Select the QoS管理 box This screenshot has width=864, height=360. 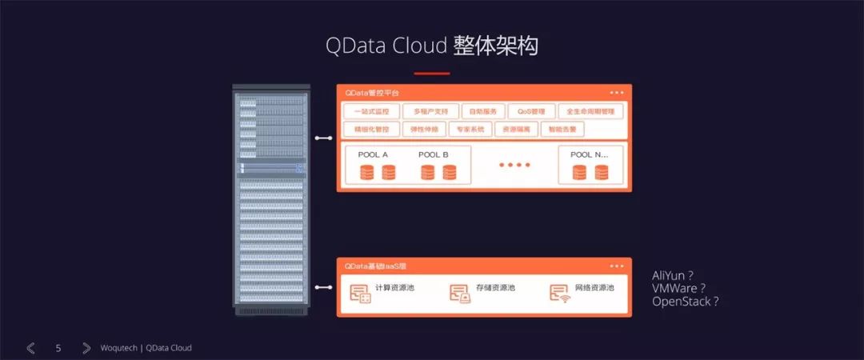[531, 111]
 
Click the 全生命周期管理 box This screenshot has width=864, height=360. [590, 111]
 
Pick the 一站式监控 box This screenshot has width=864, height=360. [370, 111]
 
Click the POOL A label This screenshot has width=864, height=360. [374, 154]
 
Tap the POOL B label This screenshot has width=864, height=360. [434, 154]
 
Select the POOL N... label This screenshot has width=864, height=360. [590, 154]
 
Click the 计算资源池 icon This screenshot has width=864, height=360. [360, 294]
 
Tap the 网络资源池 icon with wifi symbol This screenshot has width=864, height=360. [559, 294]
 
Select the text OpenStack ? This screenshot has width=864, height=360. [686, 302]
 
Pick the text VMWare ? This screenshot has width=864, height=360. [679, 288]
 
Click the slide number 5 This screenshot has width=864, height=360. [58, 348]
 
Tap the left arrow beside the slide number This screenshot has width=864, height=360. [30, 348]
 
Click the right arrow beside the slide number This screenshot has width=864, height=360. [86, 348]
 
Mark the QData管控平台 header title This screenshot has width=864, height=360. [372, 93]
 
